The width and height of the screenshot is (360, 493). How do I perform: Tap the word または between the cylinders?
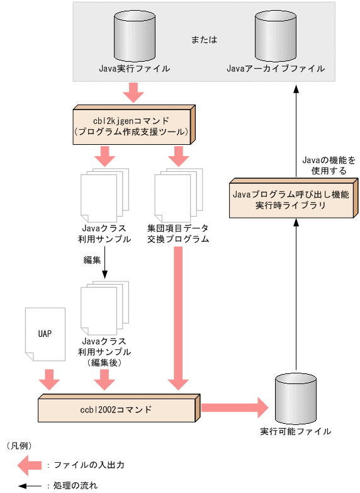coord(204,40)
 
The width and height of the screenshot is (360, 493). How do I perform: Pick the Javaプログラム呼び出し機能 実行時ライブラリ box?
coord(290,200)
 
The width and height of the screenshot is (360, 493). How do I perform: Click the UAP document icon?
coord(45,334)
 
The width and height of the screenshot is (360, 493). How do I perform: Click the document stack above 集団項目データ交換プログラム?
coord(178,195)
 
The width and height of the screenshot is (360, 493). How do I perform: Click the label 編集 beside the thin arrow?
coord(93,259)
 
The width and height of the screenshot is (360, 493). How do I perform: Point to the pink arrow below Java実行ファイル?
coord(133,93)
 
